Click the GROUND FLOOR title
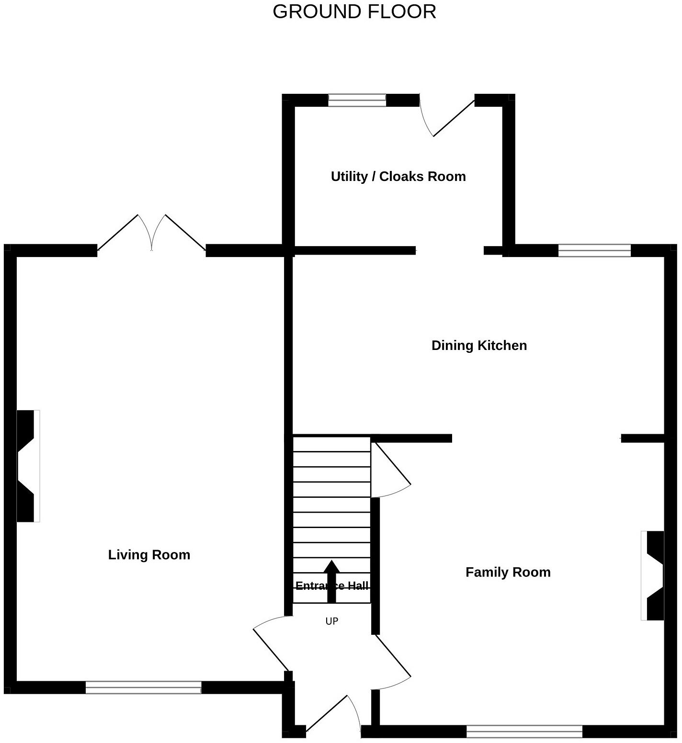tap(354, 11)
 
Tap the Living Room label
tap(149, 555)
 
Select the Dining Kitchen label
tap(479, 346)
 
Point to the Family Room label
tap(508, 572)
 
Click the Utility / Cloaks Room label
tap(398, 177)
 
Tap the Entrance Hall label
tap(332, 585)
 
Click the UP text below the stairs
tap(331, 621)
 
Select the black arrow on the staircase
tap(331, 579)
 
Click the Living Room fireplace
tap(28, 466)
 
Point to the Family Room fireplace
tap(653, 575)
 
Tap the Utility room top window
tap(357, 100)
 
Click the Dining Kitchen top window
tap(594, 250)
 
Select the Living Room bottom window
tap(143, 687)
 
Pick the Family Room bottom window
tap(524, 731)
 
